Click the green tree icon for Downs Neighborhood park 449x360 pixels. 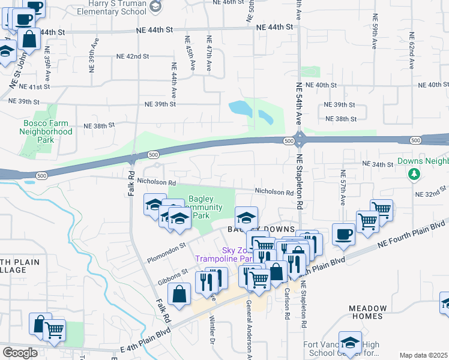[413, 174]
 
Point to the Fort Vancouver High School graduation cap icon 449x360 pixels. [350, 342]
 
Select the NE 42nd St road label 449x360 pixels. [133, 56]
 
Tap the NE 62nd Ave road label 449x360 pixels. [412, 50]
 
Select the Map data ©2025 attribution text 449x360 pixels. [423, 355]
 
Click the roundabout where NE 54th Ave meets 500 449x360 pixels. [300, 141]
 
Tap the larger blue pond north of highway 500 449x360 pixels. [240, 109]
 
